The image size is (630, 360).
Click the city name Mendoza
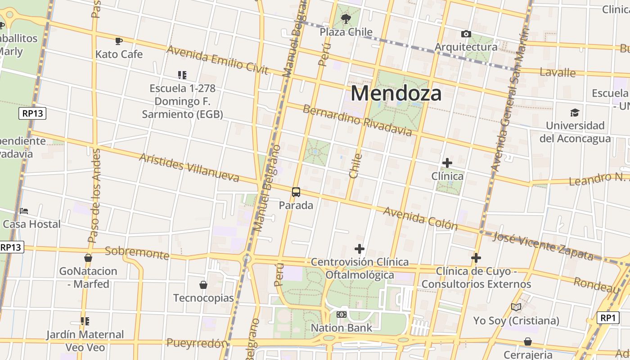click(396, 94)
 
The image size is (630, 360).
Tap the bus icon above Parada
click(296, 192)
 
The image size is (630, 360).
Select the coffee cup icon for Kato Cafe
click(119, 41)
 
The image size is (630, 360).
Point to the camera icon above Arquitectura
click(466, 34)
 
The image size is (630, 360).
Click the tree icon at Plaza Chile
click(346, 19)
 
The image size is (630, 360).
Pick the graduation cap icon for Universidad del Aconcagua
click(575, 112)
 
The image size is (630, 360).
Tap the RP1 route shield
click(608, 318)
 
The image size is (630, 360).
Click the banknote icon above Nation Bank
click(342, 315)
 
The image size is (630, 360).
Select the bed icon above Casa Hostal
click(24, 211)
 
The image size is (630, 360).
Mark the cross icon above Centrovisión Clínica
click(360, 248)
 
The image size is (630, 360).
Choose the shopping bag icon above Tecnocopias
click(203, 285)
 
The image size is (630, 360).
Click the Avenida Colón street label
click(420, 219)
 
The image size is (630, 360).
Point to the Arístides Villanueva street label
click(189, 167)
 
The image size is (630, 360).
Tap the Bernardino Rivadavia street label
click(357, 120)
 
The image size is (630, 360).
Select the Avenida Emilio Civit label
click(217, 60)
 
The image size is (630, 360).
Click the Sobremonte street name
click(137, 253)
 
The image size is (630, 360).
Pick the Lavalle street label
click(558, 72)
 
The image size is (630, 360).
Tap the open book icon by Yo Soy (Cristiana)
click(516, 307)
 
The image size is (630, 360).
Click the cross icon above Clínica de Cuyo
click(476, 258)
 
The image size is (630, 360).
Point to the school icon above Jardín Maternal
click(85, 321)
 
